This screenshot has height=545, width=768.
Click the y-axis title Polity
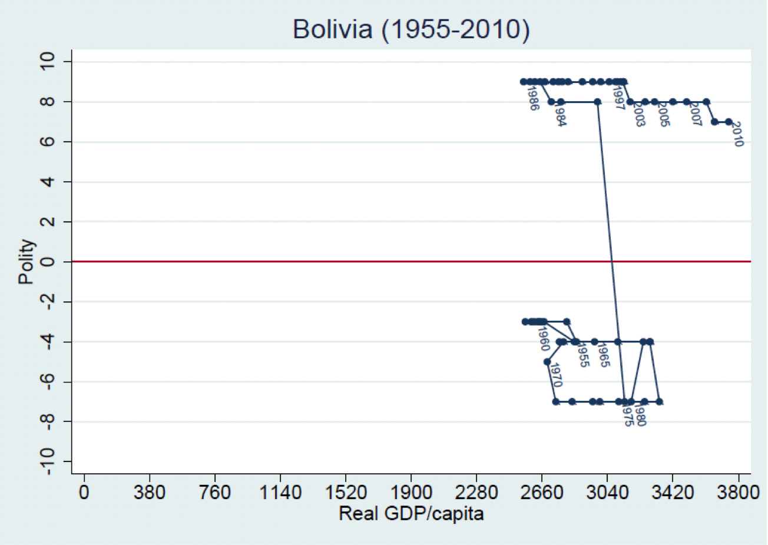coord(26,261)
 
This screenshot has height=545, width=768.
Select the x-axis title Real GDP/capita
coord(411,514)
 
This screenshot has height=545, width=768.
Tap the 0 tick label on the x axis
coord(84,492)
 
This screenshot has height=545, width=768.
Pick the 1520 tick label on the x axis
coord(345,492)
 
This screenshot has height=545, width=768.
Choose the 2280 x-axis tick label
coord(476,492)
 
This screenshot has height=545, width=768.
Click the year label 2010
coord(737,134)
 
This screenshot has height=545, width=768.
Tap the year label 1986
coord(532,98)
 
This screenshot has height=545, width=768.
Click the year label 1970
coord(555,375)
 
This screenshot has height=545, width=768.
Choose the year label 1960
coord(542,338)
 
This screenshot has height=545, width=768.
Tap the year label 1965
coord(602,355)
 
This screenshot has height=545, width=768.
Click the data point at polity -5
coord(547,361)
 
